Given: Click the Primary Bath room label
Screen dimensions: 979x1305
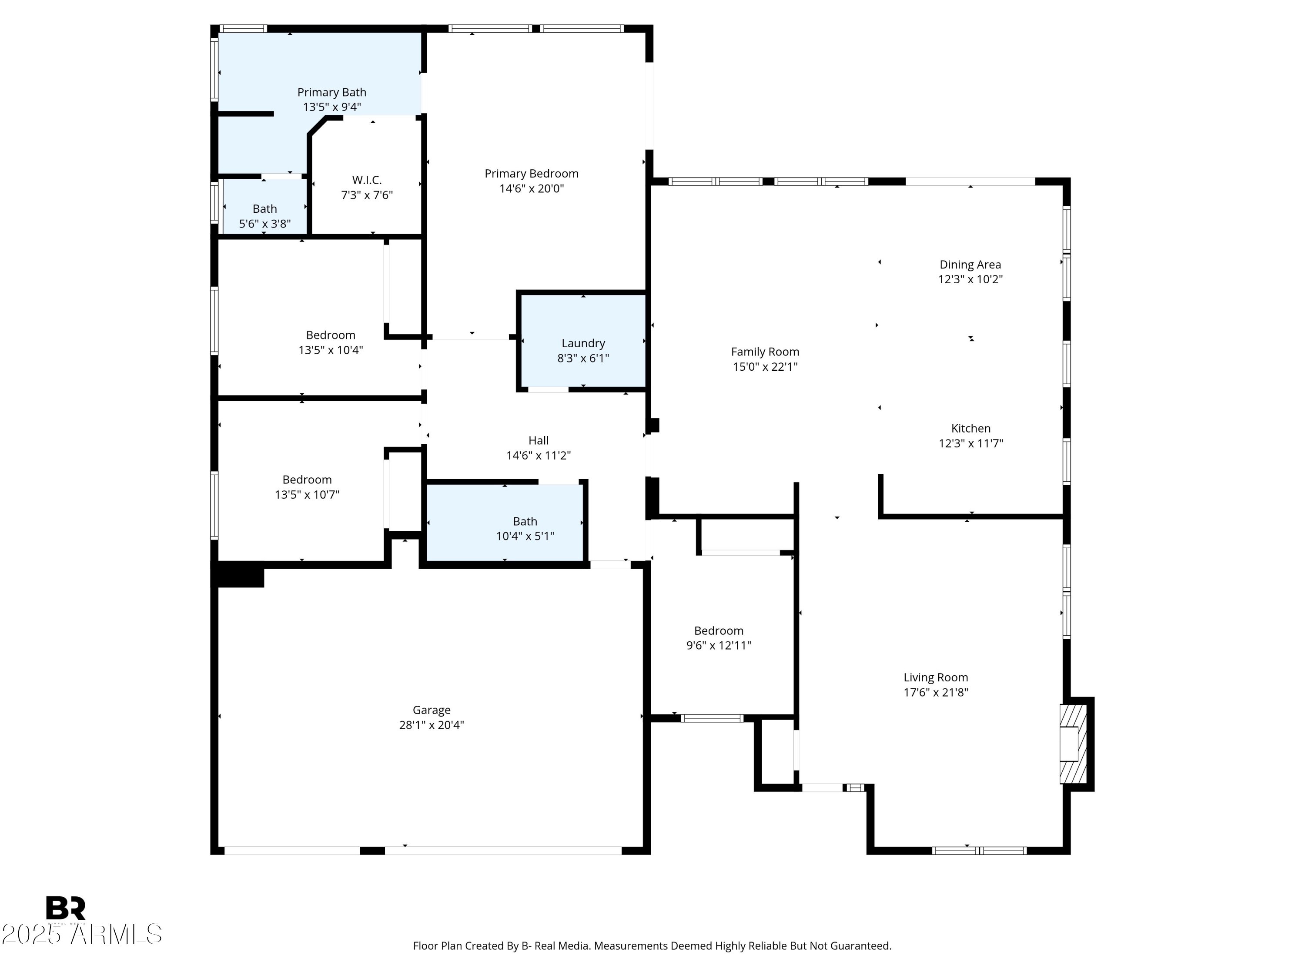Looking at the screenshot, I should pyautogui.click(x=331, y=92).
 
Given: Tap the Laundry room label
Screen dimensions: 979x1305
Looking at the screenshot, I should pyautogui.click(x=583, y=343).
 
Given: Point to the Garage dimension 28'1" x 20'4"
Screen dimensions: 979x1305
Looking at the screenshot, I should pyautogui.click(x=431, y=724).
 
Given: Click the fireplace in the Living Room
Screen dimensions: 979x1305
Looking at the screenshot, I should pyautogui.click(x=1071, y=744).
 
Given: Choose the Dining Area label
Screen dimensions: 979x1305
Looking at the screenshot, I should pyautogui.click(x=970, y=265).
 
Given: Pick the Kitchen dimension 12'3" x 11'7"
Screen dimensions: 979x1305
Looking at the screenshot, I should pyautogui.click(x=970, y=443).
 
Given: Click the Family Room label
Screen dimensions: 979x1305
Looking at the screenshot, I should pyautogui.click(x=765, y=352).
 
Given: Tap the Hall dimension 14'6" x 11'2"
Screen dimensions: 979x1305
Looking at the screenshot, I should pyautogui.click(x=538, y=455).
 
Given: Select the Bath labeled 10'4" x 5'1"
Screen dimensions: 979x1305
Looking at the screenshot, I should pyautogui.click(x=525, y=522).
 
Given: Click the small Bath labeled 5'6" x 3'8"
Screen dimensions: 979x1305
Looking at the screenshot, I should pyautogui.click(x=264, y=209).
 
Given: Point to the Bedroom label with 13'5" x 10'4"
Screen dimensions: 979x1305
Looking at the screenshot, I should pyautogui.click(x=330, y=335).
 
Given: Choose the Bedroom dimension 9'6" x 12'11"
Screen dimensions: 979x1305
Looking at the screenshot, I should pyautogui.click(x=719, y=645).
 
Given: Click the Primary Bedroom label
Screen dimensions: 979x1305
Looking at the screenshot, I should pyautogui.click(x=531, y=174).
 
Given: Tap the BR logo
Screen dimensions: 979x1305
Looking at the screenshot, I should pyautogui.click(x=66, y=908).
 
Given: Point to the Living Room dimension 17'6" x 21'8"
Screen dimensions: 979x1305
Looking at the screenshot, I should pyautogui.click(x=936, y=692).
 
